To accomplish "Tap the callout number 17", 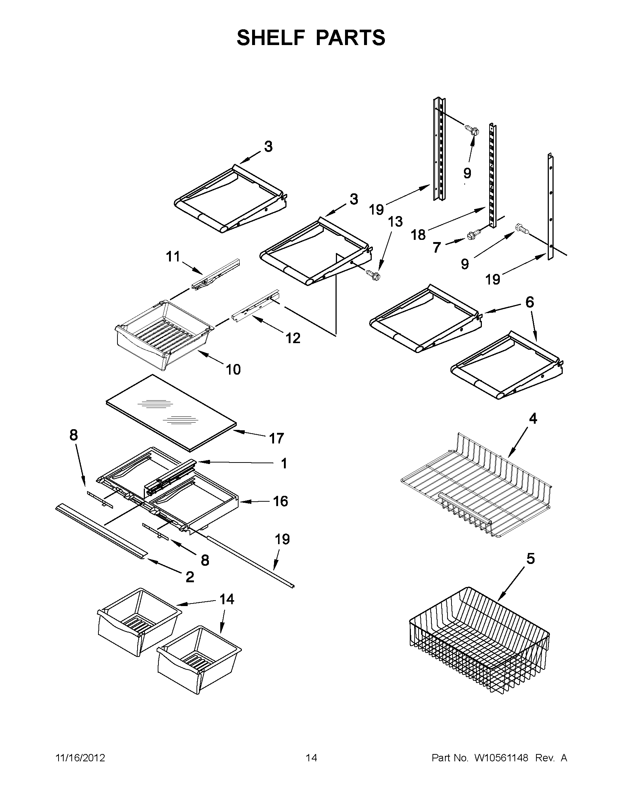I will (x=276, y=438).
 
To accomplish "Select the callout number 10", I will (x=233, y=369).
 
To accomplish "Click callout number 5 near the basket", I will (x=530, y=559).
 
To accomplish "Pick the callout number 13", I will (x=395, y=222).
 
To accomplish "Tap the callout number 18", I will (x=418, y=235).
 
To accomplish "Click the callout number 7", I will (x=437, y=248).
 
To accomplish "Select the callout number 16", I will (x=280, y=501).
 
